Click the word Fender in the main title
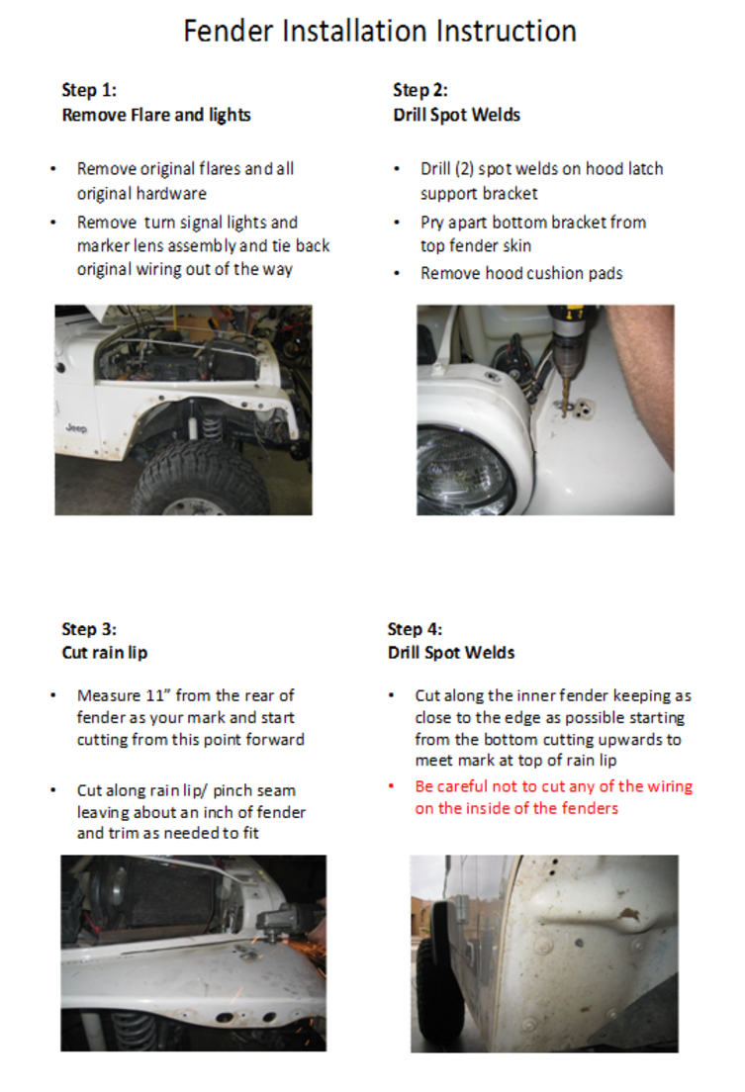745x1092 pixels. tap(230, 31)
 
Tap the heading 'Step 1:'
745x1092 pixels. tap(89, 91)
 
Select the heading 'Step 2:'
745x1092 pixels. tap(420, 91)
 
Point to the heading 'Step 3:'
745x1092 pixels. tap(89, 629)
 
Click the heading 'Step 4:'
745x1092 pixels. tap(416, 629)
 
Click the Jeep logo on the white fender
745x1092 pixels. tap(76, 428)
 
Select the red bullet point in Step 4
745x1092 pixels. tap(392, 787)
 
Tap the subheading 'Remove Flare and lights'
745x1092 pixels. tap(156, 115)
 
